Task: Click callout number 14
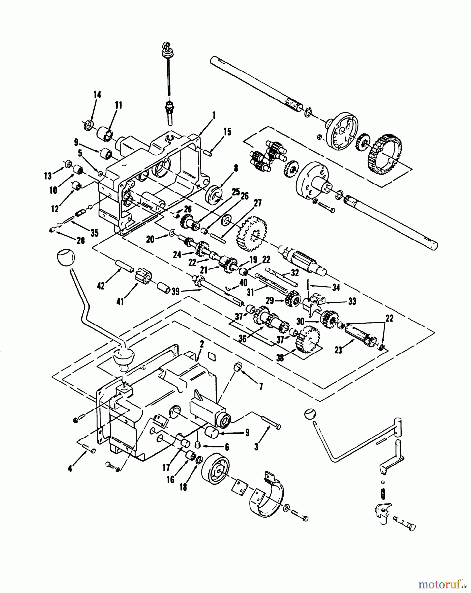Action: pos(97,95)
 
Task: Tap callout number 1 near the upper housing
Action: pos(214,115)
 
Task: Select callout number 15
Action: pos(227,132)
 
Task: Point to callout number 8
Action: pos(236,169)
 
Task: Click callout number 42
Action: pos(101,286)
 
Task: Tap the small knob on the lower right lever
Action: pos(310,414)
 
